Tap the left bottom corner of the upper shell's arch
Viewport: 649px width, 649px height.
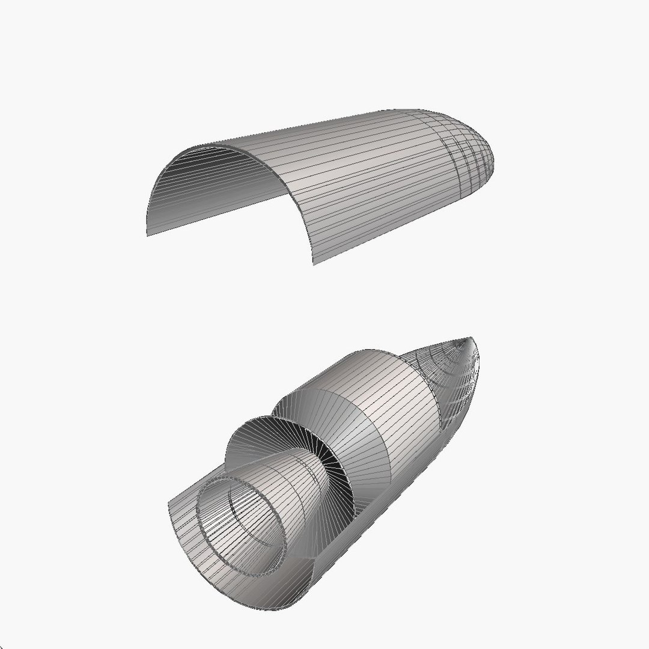point(148,234)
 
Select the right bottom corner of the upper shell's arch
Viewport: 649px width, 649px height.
point(313,263)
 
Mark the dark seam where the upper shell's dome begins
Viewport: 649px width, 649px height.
point(454,162)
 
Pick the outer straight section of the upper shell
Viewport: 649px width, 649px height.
point(361,180)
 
